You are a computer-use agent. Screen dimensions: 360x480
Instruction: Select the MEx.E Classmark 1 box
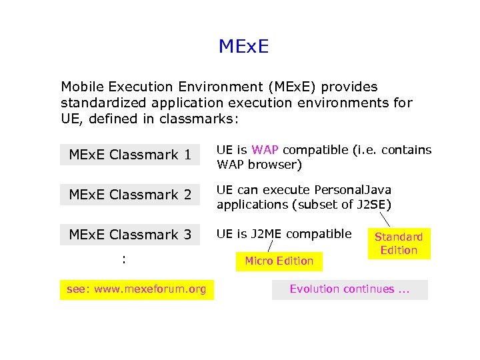(x=130, y=155)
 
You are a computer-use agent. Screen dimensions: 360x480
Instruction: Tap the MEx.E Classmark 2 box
(x=130, y=195)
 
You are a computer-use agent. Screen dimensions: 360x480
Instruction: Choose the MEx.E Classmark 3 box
(x=130, y=235)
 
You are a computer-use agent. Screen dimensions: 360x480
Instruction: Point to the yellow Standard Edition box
(x=399, y=243)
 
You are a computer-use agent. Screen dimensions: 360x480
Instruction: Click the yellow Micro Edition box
(x=279, y=261)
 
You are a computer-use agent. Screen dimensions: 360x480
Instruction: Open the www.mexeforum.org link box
(x=137, y=289)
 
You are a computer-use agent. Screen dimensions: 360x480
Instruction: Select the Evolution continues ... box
(x=350, y=289)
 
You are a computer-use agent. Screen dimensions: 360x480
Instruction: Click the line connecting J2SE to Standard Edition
(x=386, y=219)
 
